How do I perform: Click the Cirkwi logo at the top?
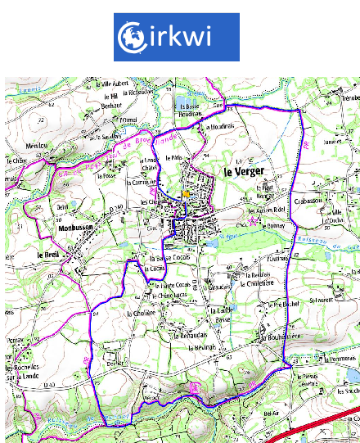click(x=176, y=37)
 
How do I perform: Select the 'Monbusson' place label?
click(x=78, y=230)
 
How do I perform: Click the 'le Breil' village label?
click(x=49, y=255)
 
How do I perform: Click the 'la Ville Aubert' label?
click(x=114, y=84)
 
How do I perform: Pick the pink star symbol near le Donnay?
click(x=255, y=220)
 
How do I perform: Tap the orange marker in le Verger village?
click(x=187, y=194)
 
